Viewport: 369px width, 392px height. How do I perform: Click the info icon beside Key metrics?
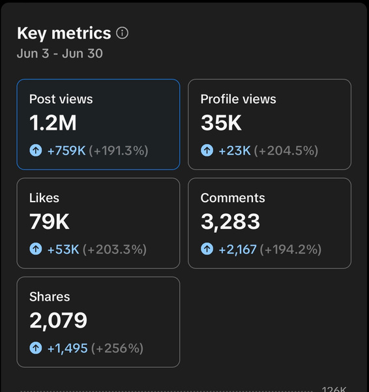(x=122, y=33)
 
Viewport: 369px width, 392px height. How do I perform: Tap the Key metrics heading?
(x=64, y=33)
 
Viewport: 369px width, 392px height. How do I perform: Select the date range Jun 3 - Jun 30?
(x=60, y=53)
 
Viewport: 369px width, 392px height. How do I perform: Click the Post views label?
(x=61, y=99)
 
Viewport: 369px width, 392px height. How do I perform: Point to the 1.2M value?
(x=53, y=123)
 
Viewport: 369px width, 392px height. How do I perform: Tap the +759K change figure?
(x=66, y=151)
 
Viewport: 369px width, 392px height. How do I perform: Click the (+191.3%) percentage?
(x=119, y=151)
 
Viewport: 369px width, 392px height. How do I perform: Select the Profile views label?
(x=239, y=99)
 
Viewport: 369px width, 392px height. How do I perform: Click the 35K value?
(x=221, y=123)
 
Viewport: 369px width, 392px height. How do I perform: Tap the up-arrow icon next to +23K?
(x=207, y=151)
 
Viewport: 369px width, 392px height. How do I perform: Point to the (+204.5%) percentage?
(x=286, y=151)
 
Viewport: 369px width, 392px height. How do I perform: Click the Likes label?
(x=44, y=198)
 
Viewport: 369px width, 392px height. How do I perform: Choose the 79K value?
(x=50, y=222)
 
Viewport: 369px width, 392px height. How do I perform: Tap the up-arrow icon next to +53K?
(x=36, y=249)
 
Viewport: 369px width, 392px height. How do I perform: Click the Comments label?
(x=233, y=198)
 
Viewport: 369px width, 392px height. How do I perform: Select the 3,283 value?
(x=230, y=222)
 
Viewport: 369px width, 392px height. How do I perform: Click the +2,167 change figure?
(x=237, y=250)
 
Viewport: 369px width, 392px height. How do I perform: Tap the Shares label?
(x=50, y=297)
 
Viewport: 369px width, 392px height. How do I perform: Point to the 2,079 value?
(x=59, y=321)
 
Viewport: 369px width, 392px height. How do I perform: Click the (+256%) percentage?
(x=117, y=348)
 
